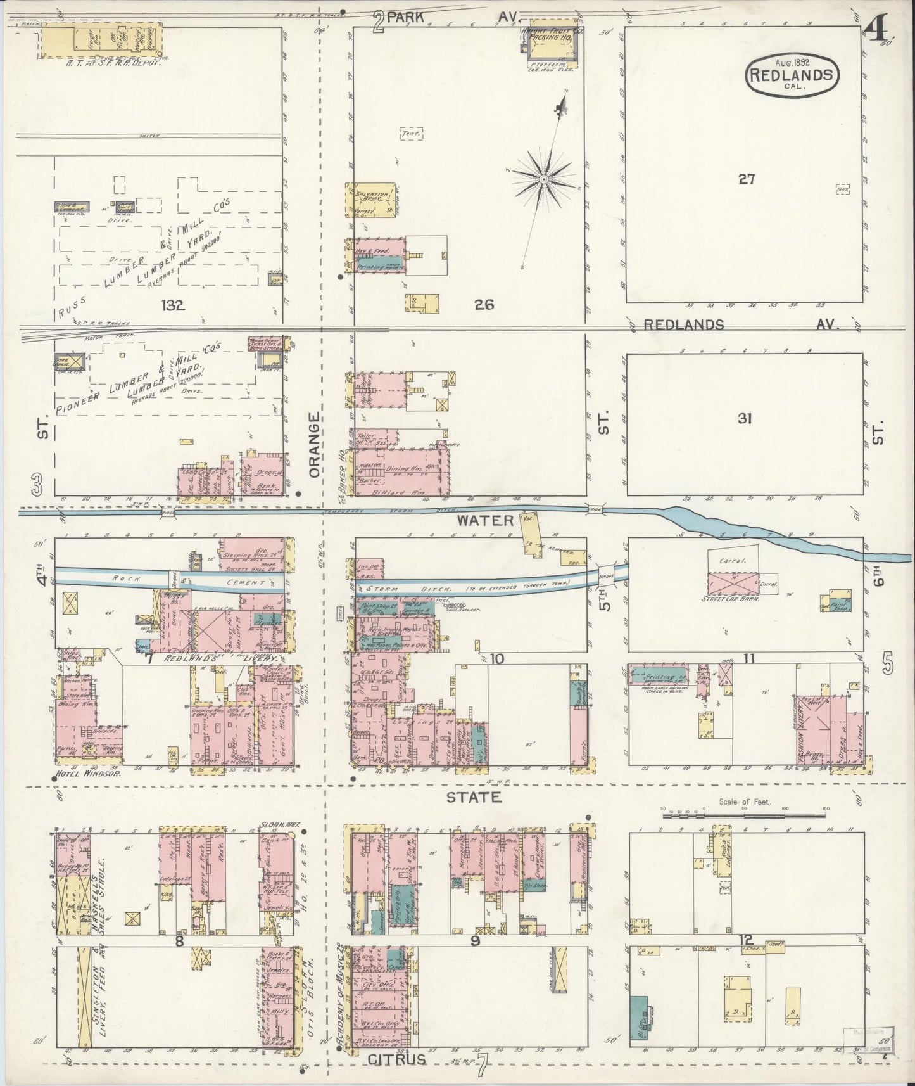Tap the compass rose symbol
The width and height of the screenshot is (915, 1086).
pyautogui.click(x=543, y=181)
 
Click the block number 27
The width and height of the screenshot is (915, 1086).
pyautogui.click(x=746, y=179)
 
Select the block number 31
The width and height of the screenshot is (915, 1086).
pyautogui.click(x=745, y=418)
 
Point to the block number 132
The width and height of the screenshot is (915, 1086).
pyautogui.click(x=172, y=306)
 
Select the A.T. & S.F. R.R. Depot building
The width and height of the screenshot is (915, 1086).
pyautogui.click(x=101, y=42)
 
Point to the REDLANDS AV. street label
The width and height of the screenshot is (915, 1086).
pyautogui.click(x=741, y=325)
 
